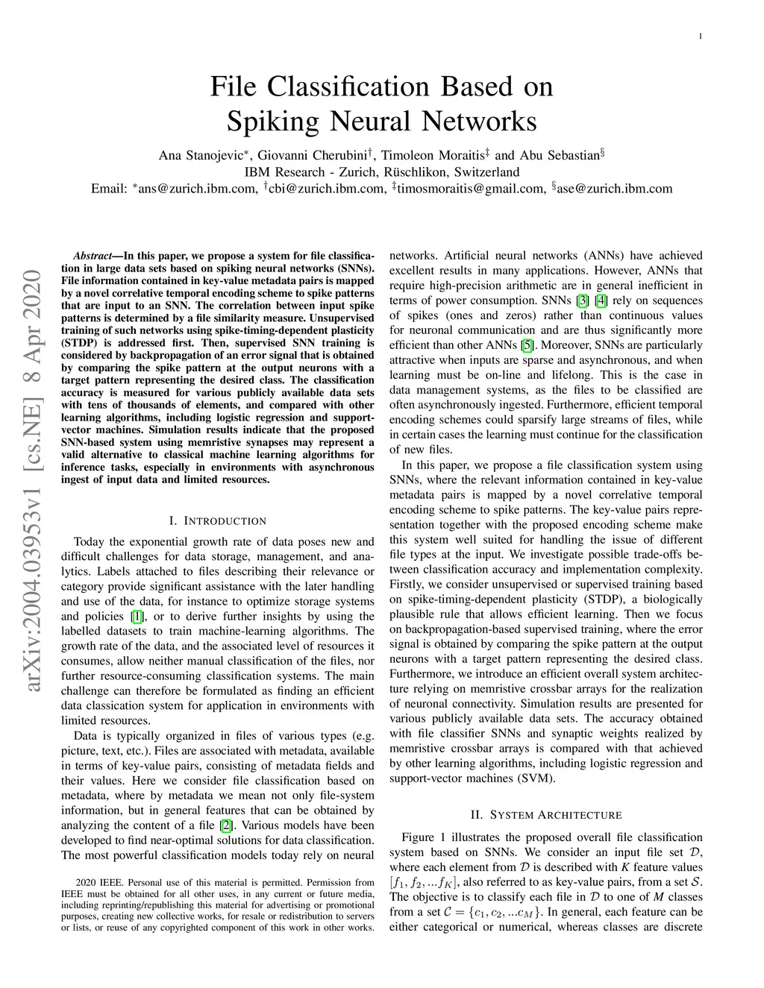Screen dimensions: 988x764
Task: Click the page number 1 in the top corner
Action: pos(701,36)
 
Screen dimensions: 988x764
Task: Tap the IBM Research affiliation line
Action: pos(381,172)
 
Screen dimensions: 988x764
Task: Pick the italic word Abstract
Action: pos(93,256)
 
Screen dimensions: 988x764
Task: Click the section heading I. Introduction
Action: pos(217,521)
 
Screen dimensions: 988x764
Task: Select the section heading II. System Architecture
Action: pos(546,815)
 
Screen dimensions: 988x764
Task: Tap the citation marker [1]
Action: pos(137,617)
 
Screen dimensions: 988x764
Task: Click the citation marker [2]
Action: pos(226,825)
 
